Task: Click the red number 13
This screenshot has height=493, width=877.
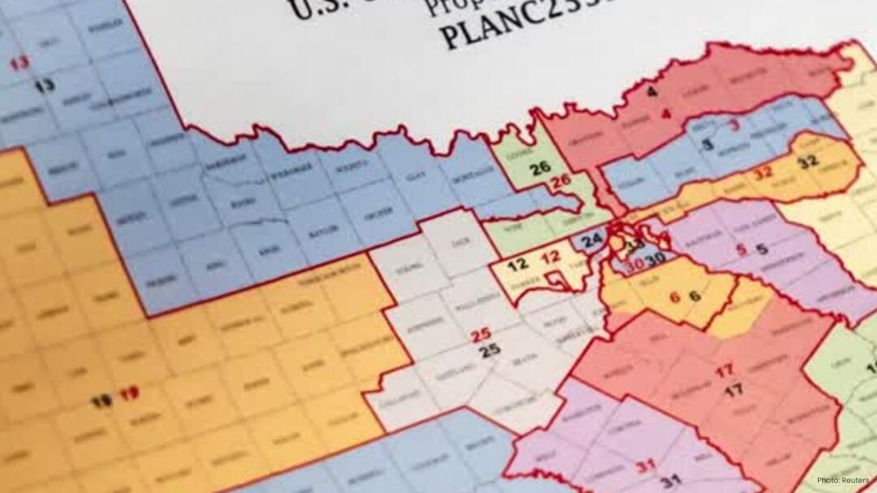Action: click(x=20, y=64)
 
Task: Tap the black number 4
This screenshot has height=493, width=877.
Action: click(x=652, y=92)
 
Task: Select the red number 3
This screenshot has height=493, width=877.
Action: click(x=734, y=125)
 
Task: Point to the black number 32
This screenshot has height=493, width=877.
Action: click(x=808, y=162)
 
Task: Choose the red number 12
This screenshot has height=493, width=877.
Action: click(x=551, y=258)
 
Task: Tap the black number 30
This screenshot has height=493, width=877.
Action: click(x=656, y=258)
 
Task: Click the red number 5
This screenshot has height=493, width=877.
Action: click(x=741, y=250)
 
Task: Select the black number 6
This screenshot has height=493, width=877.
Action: click(x=694, y=296)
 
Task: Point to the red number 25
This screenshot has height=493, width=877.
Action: click(x=480, y=336)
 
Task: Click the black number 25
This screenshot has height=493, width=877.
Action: click(x=489, y=351)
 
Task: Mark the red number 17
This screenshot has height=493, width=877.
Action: click(x=724, y=372)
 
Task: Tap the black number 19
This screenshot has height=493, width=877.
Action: click(x=101, y=401)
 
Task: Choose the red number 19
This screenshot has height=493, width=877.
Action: click(x=129, y=394)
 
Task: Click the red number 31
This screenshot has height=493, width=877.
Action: click(x=645, y=466)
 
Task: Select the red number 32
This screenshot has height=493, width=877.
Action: click(x=763, y=173)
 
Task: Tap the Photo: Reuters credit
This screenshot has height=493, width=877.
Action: click(x=843, y=480)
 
